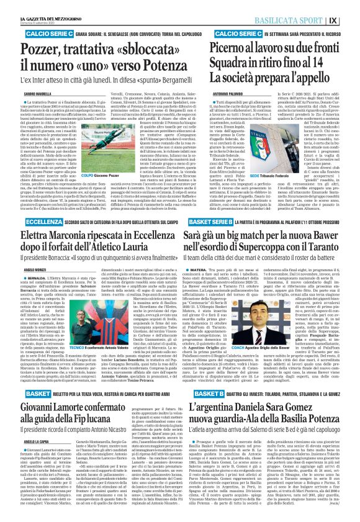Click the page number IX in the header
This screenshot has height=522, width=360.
pyautogui.click(x=351, y=9)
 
